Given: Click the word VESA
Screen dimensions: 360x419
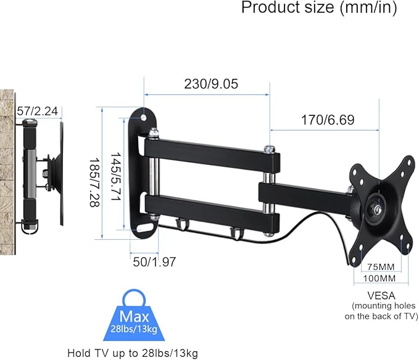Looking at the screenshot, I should tap(381, 295).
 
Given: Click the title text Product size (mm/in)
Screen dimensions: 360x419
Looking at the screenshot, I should tap(318, 8).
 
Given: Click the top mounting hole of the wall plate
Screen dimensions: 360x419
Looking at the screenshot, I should tap(144, 116).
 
